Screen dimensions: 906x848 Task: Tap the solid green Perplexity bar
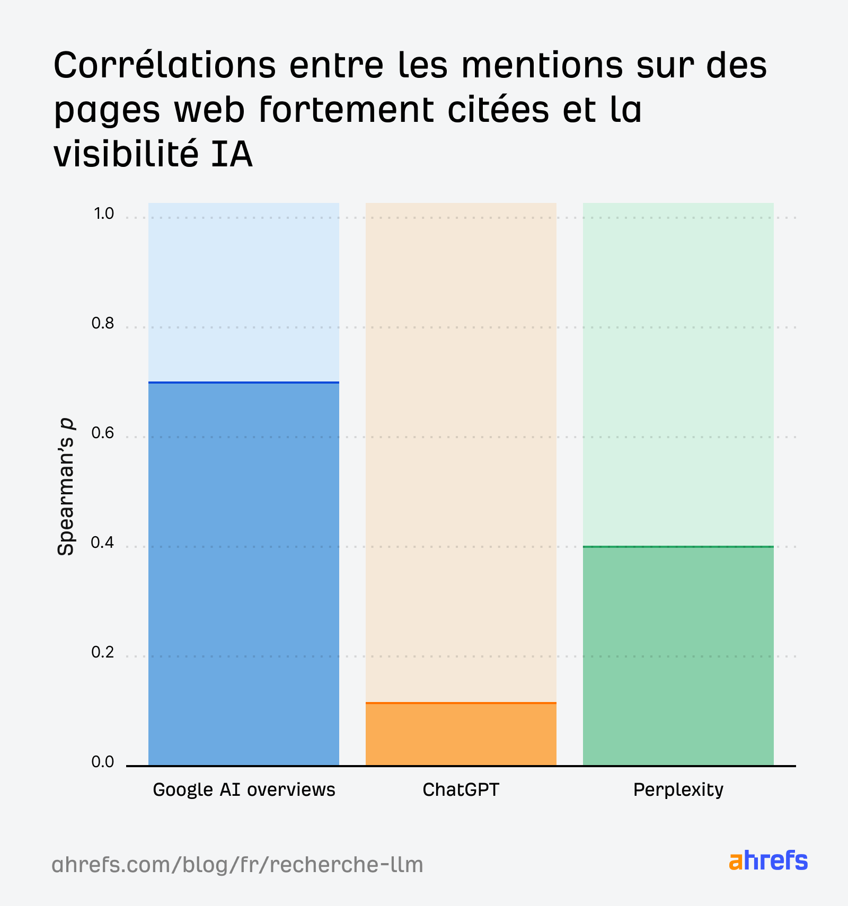678,657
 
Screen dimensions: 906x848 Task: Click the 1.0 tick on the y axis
103,214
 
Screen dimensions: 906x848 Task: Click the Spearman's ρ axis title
66,487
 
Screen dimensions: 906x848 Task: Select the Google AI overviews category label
244,790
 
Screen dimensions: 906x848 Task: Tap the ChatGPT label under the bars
461,790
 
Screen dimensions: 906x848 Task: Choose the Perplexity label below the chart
678,790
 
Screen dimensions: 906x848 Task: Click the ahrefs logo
768,861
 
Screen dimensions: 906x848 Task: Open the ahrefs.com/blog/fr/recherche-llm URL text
237,865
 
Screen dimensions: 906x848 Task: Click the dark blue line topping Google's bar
244,382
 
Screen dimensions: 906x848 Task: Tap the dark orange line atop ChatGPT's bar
461,703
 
